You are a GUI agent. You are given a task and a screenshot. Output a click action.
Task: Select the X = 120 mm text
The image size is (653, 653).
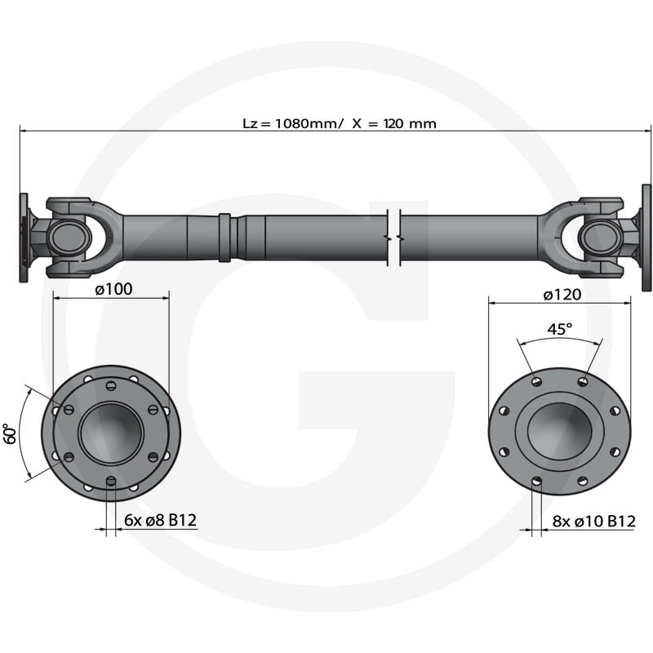[394, 123]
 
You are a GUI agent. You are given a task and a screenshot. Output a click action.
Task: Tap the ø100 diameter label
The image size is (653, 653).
[113, 289]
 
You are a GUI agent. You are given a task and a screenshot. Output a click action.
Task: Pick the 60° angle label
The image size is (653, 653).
[10, 433]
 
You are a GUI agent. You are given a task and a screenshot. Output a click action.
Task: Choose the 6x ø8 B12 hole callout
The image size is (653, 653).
[161, 520]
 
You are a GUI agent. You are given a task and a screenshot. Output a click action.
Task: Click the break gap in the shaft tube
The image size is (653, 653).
[393, 237]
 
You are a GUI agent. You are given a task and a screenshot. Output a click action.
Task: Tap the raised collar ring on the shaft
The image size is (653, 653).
[224, 237]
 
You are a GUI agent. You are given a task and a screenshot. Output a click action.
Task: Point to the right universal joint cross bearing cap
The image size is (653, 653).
[600, 238]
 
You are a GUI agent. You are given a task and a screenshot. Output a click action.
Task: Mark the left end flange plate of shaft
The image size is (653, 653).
[24, 238]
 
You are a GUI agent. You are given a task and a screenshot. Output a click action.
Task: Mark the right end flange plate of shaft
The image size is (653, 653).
[646, 238]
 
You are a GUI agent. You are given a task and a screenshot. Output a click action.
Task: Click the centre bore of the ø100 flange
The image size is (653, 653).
[111, 432]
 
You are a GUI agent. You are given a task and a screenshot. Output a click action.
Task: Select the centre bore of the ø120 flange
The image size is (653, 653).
[559, 429]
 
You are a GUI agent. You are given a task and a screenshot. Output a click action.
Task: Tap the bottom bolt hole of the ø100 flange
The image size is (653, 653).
[111, 481]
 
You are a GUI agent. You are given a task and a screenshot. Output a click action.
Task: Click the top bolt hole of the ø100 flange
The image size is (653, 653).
[111, 382]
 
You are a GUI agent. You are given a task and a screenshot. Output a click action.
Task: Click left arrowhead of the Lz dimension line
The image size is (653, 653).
[23, 129]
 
